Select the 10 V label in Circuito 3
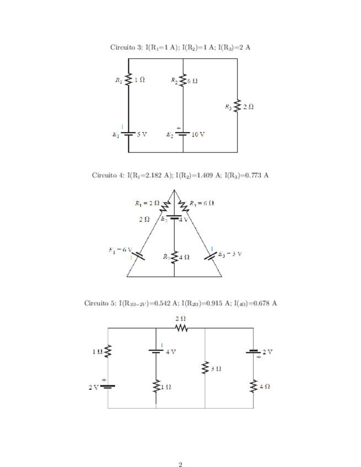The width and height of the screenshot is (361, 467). coord(199,134)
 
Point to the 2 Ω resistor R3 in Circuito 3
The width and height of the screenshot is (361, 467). coord(238,106)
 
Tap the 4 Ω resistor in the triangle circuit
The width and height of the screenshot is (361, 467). coord(174,257)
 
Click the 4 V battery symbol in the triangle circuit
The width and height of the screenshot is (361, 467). coord(174,218)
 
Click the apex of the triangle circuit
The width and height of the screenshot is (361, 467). coord(174,190)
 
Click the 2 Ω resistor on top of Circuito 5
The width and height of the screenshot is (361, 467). coord(181,329)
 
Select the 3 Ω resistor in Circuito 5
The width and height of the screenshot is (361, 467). coord(205,367)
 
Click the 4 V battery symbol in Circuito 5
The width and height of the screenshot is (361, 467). coord(157,351)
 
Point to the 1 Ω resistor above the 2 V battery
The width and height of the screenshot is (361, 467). coord(108,351)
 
